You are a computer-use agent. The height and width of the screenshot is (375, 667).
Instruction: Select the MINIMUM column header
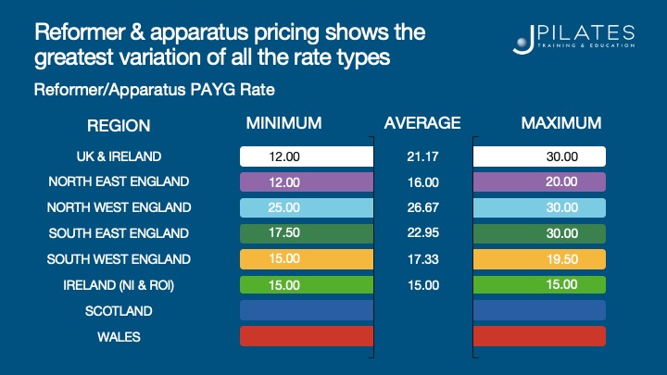tap(283, 123)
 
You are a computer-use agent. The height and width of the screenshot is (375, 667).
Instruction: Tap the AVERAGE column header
tap(422, 123)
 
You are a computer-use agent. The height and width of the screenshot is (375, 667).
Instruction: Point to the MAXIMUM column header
tap(561, 123)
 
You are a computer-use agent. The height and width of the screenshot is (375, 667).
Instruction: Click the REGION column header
tap(119, 125)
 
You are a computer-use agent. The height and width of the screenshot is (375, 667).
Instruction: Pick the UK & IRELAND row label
tap(119, 156)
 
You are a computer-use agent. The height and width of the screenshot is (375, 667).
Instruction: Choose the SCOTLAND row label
tap(119, 311)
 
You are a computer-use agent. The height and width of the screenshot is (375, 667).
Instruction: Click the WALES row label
tap(119, 337)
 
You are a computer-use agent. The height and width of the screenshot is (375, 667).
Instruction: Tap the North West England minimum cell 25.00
tap(307, 207)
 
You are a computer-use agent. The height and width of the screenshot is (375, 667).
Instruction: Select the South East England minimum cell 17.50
tap(307, 233)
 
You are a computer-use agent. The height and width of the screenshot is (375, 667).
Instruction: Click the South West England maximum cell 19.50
tap(539, 259)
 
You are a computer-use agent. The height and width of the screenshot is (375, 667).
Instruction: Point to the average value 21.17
tap(422, 156)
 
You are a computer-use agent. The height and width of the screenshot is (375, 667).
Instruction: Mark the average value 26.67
tap(422, 207)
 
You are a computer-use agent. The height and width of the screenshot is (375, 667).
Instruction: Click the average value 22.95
tap(422, 233)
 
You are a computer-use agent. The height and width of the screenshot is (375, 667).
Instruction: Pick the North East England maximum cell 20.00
tap(539, 181)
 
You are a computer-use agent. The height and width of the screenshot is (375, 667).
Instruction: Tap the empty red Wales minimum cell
tap(307, 336)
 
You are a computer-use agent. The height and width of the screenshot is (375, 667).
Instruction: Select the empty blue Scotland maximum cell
tap(539, 310)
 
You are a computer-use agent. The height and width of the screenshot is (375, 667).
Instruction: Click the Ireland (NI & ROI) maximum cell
tap(539, 284)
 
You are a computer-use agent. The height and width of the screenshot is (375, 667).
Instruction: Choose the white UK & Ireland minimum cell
tap(307, 156)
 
